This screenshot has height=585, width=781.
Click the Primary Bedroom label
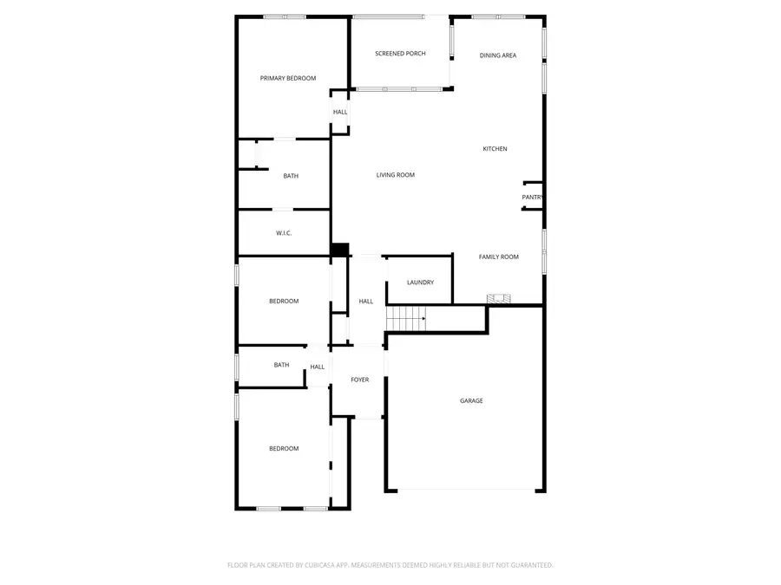288,78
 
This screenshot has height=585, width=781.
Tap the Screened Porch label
400,54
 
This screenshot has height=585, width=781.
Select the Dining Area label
498,55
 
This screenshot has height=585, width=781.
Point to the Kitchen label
495,149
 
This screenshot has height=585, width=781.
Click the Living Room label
395,175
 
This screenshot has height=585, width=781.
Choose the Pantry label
532,198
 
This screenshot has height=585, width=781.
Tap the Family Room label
499,257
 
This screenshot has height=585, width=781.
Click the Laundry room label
420,283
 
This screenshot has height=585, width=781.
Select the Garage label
471,400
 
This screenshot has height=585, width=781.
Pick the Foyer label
359,380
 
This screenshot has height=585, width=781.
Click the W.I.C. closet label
284,233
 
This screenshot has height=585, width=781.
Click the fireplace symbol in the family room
499,299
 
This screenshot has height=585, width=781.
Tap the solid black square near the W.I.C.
339,249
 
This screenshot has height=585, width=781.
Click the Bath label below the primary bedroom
291,176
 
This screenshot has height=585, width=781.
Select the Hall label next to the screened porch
340,112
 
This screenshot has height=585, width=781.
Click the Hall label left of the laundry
366,302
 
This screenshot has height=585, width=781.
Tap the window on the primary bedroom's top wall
285,16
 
